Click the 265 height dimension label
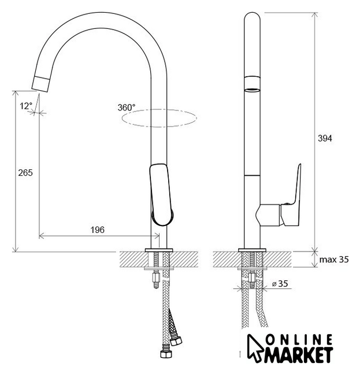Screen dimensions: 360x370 click(25, 173)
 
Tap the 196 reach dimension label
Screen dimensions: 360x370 click(98, 230)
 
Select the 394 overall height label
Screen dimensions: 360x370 click(325, 138)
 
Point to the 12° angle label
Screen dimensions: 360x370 click(25, 106)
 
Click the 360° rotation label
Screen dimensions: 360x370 click(127, 108)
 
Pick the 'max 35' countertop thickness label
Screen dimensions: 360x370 click(334, 260)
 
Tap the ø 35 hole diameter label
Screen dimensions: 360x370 click(280, 283)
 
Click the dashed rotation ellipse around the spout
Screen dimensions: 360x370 click(159, 109)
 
